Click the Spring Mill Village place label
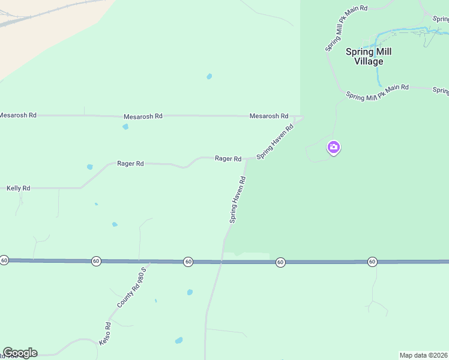[x=369, y=56]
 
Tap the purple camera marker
[x=334, y=147]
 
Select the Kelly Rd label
[x=18, y=188]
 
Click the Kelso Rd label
[x=105, y=334]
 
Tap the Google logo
[x=20, y=353]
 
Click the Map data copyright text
[x=424, y=355]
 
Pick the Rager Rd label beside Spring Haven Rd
[x=228, y=158]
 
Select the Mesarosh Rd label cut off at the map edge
[x=17, y=115]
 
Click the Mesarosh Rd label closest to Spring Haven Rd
[x=269, y=116]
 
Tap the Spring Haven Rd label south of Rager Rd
[x=238, y=200]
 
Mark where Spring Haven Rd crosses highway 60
[x=221, y=262]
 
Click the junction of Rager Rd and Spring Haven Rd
[x=247, y=158]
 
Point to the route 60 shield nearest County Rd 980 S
[x=96, y=261]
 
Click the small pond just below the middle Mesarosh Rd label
[x=125, y=127]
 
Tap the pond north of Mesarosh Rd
[x=209, y=76]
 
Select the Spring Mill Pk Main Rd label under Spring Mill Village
[x=378, y=92]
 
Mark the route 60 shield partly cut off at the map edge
[x=4, y=260]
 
